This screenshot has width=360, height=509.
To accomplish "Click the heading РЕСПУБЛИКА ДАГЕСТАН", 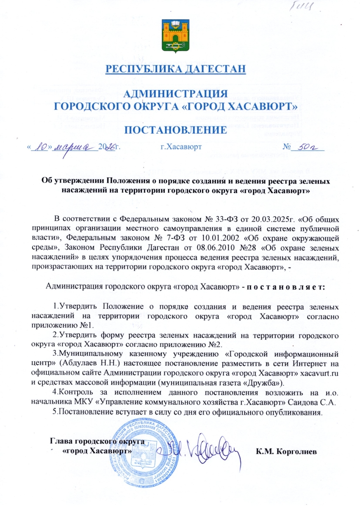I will click(175, 68).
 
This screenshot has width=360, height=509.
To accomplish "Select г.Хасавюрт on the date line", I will click(181, 148).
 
